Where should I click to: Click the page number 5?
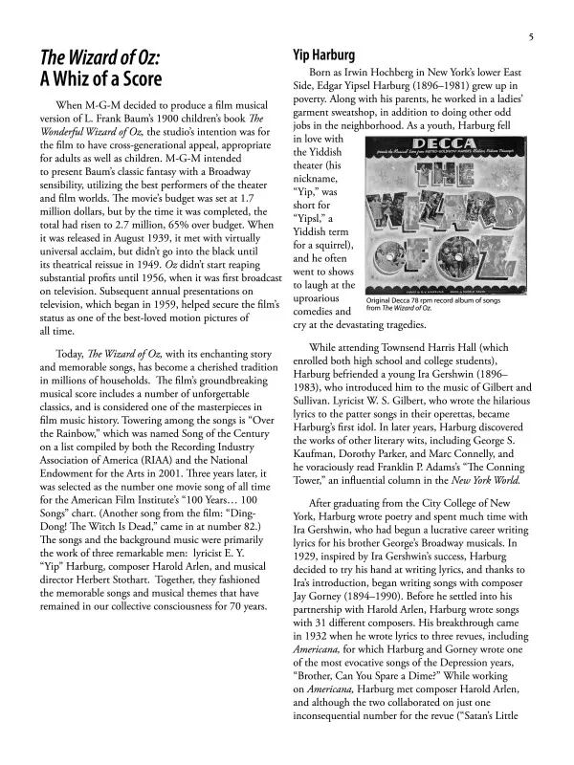[528, 37]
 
